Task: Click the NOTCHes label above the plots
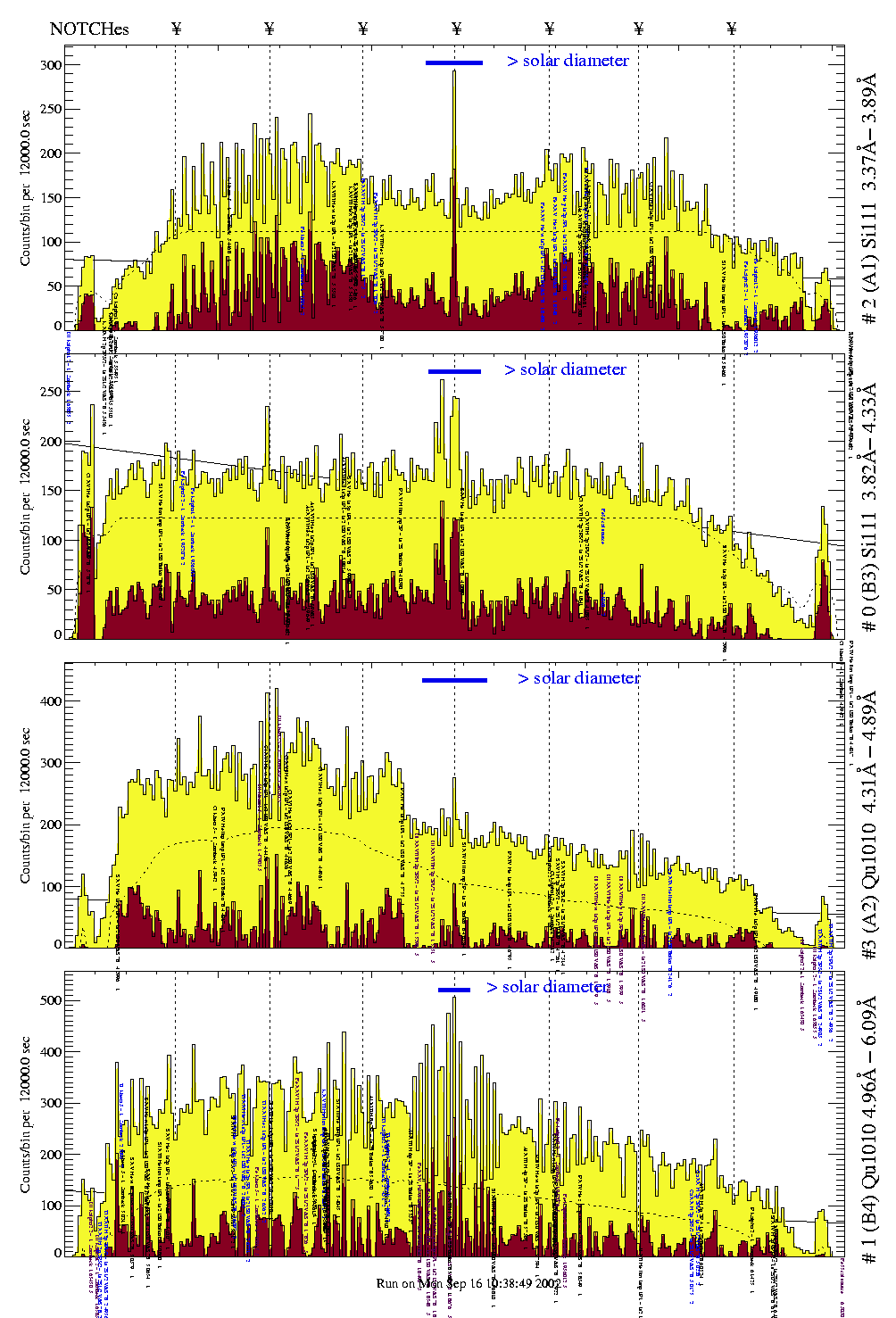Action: click(x=89, y=29)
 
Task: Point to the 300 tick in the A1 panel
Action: click(x=50, y=65)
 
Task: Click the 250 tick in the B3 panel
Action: click(x=50, y=392)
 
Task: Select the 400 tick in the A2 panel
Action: click(x=50, y=701)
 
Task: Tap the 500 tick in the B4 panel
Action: click(x=50, y=1000)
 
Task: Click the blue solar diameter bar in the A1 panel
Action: click(x=454, y=62)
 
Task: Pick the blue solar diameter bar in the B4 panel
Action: click(x=454, y=989)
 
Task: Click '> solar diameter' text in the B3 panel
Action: click(x=565, y=369)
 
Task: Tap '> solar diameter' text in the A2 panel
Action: click(x=578, y=678)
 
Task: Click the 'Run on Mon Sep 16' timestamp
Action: click(x=469, y=1283)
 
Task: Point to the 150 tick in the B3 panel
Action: click(x=50, y=491)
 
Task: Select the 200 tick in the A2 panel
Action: click(x=50, y=825)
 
